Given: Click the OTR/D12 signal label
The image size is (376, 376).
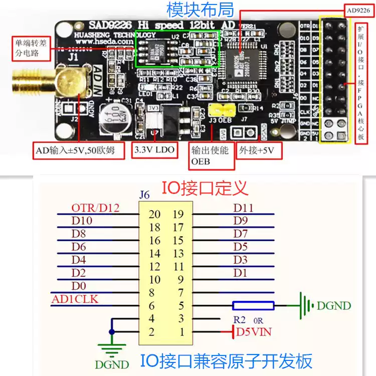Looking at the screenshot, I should pyautogui.click(x=95, y=208).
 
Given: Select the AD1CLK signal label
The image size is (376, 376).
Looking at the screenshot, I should pyautogui.click(x=75, y=299).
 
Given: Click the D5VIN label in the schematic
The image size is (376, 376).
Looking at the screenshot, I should pyautogui.click(x=254, y=331).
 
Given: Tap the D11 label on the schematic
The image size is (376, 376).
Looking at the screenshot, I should pyautogui.click(x=244, y=208).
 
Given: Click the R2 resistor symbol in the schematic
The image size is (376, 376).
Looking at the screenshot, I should pyautogui.click(x=253, y=306).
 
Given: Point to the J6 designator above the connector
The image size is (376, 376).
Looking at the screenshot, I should pyautogui.click(x=144, y=195).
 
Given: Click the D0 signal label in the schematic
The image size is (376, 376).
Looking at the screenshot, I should pyautogui.click(x=79, y=286).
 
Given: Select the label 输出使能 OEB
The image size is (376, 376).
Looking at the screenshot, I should pyautogui.click(x=210, y=155).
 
